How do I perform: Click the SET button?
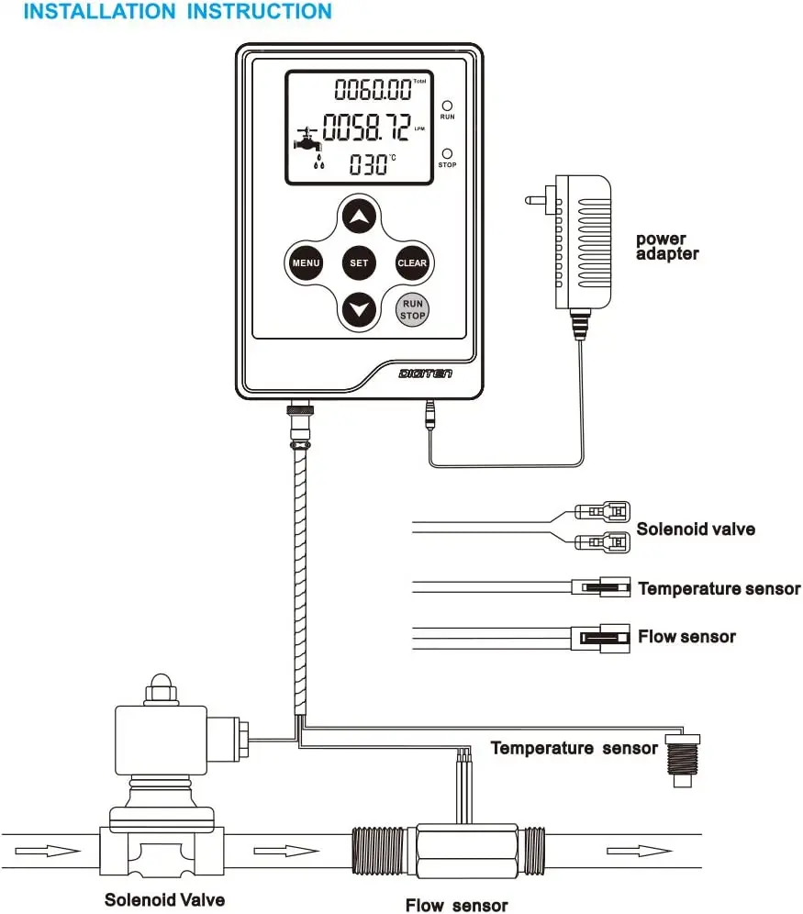[x=359, y=262]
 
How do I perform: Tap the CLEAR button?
[x=412, y=262]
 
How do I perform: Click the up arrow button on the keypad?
[x=359, y=217]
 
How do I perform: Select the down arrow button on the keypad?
[x=359, y=309]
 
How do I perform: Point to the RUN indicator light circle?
[x=447, y=106]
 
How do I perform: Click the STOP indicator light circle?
[x=447, y=154]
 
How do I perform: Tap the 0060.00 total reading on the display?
[x=373, y=90]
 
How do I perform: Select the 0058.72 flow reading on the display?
[x=366, y=128]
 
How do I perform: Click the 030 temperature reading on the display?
[x=368, y=164]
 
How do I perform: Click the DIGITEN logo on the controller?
[x=426, y=373]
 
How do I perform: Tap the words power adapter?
[x=667, y=246]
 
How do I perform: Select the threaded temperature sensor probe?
[x=683, y=761]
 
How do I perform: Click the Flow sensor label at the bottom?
[x=457, y=905]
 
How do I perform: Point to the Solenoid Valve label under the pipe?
[x=165, y=899]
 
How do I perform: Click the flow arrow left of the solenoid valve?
[x=48, y=852]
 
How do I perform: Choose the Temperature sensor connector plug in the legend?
[x=601, y=587]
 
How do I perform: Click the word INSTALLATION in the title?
[x=100, y=11]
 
